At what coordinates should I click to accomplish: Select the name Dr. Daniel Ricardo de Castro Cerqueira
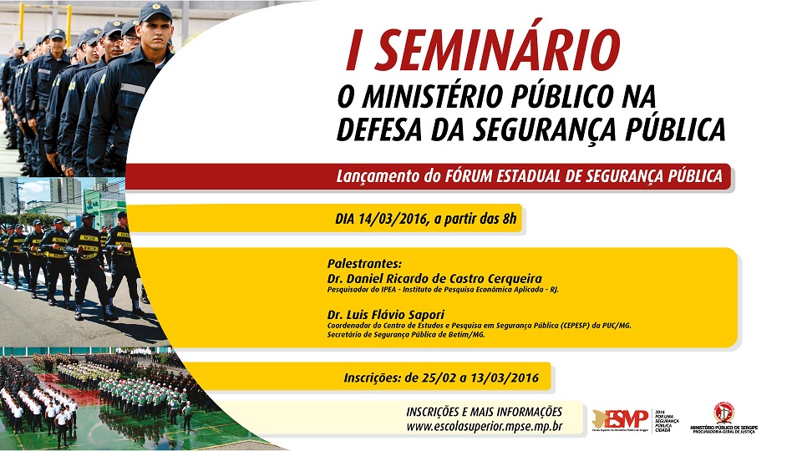(x=434, y=278)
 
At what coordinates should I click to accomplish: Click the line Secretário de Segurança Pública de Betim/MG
(x=406, y=334)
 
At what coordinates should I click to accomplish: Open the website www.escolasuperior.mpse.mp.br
(x=484, y=427)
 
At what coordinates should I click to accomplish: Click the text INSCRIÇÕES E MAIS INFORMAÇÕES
(x=484, y=412)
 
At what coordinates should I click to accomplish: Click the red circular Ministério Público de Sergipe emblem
(x=723, y=413)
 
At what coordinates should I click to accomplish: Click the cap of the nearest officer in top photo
(x=155, y=11)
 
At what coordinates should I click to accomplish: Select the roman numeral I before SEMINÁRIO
(x=354, y=52)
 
